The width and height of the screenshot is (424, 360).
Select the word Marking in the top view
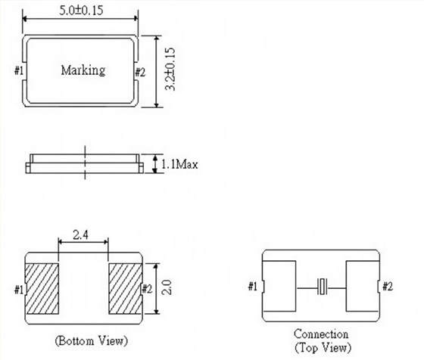tap(83, 71)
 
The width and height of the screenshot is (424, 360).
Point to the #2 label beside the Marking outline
tap(139, 72)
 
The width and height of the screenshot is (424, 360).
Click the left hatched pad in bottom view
tap(43, 289)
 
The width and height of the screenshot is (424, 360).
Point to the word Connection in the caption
tap(322, 334)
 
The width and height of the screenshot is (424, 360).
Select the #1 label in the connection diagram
tap(254, 287)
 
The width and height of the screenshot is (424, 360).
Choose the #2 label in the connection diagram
tap(388, 287)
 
